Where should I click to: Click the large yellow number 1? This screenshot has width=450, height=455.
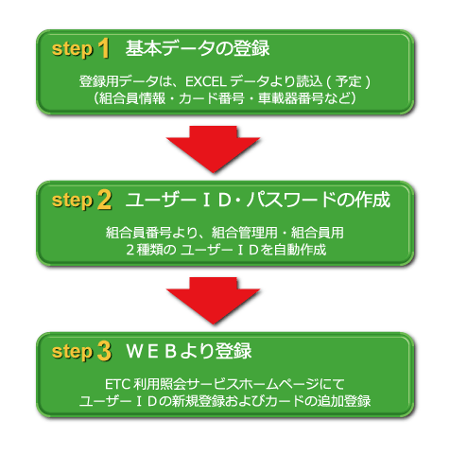coord(104,48)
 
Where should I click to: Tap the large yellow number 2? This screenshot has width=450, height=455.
coord(105,200)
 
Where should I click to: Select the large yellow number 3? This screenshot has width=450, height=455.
coord(105,351)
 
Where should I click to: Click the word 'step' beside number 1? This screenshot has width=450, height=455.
coord(73,50)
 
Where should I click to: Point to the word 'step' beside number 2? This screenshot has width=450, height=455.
coord(73,201)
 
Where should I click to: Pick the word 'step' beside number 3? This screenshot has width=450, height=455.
coord(73,352)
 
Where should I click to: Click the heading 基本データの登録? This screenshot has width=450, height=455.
coord(198,48)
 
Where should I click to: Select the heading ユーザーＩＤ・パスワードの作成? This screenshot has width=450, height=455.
coord(258,200)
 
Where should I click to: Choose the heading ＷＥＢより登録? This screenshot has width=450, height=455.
coord(189,351)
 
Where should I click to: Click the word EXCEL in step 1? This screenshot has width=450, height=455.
coord(206,81)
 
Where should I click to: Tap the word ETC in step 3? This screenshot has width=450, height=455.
coord(117,384)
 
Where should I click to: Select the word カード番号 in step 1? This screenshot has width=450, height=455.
coord(212,98)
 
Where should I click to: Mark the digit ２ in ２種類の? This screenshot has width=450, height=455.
coord(130,250)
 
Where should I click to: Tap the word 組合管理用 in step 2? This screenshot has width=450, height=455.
coord(245,233)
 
